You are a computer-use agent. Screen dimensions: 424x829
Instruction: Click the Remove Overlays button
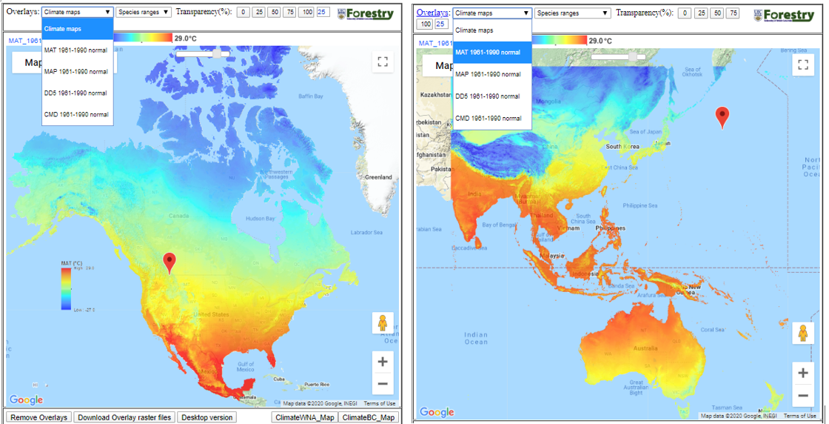click(39, 417)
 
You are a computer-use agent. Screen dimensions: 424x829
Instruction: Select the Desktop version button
click(207, 417)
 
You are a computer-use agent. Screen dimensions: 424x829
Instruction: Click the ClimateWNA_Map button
click(304, 417)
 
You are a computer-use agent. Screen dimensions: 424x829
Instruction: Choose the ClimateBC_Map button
click(367, 417)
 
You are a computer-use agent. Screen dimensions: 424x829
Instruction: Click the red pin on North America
click(170, 262)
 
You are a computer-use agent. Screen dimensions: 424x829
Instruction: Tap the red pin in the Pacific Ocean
click(722, 116)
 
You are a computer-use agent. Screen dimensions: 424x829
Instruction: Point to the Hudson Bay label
click(260, 219)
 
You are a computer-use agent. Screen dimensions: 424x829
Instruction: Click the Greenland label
click(378, 177)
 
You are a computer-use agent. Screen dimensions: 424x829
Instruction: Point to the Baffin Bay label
click(311, 96)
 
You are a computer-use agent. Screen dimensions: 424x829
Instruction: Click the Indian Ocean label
click(476, 338)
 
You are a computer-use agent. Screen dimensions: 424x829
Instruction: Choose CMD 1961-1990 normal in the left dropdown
click(76, 114)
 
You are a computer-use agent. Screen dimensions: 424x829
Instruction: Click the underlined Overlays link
click(432, 13)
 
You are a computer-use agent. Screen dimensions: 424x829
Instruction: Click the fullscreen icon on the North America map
click(383, 62)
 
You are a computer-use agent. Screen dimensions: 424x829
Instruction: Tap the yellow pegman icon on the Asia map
click(803, 334)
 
